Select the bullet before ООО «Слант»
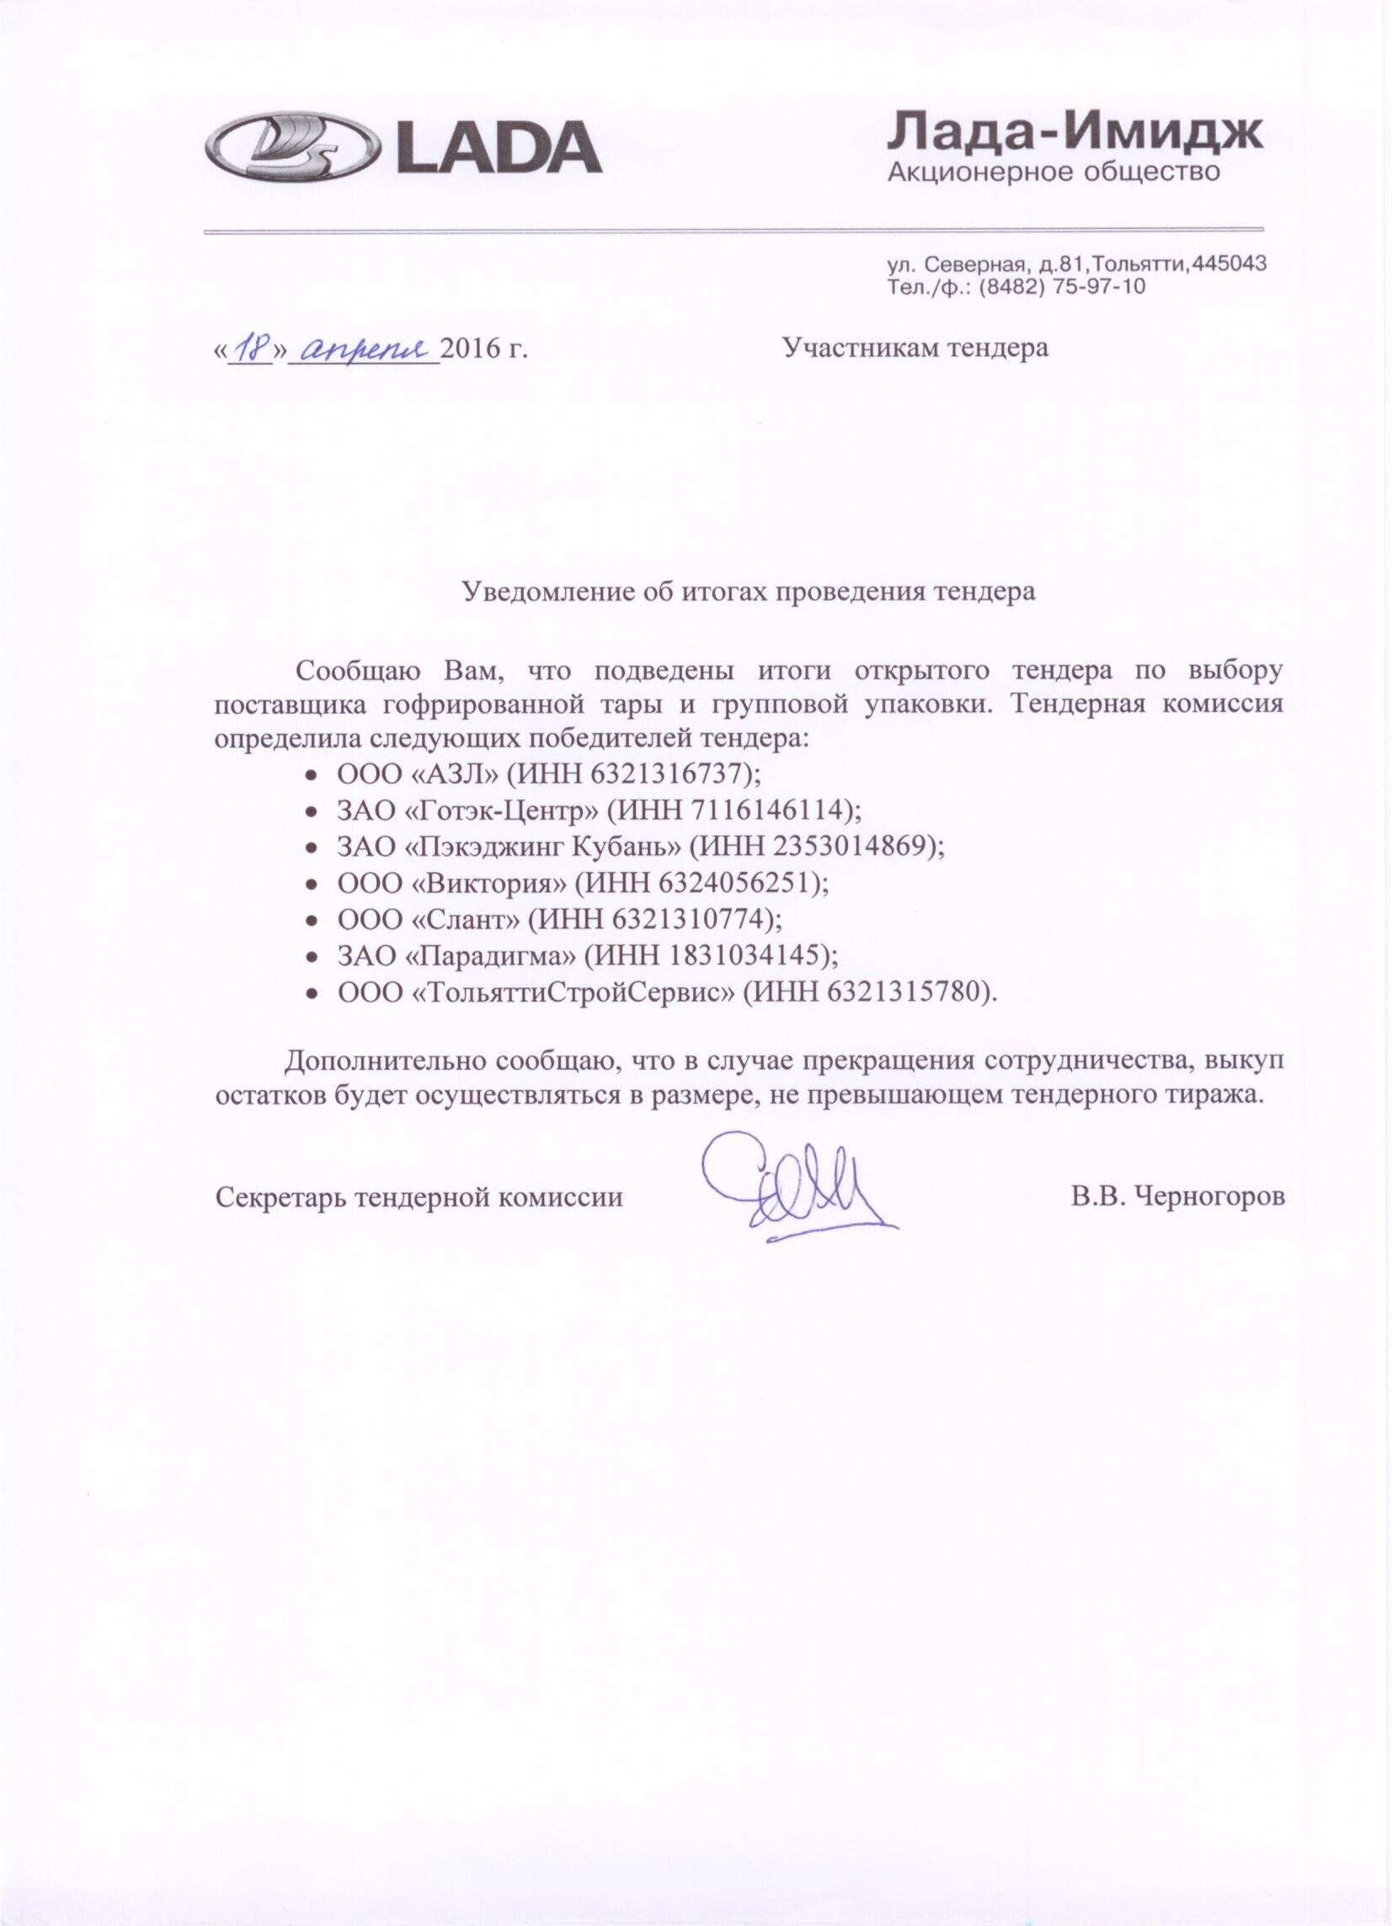click(312, 920)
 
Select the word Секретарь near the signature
click(280, 1197)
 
